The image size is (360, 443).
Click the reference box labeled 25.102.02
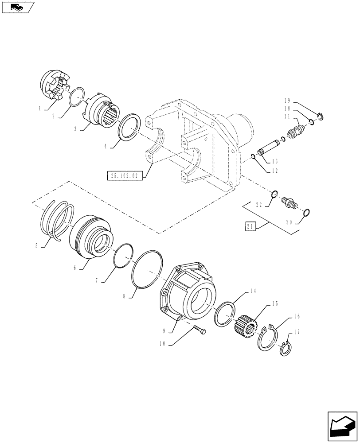(x=123, y=176)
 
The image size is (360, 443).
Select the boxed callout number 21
(x=250, y=227)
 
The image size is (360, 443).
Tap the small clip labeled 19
(x=321, y=117)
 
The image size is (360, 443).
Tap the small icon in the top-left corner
(x=17, y=7)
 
